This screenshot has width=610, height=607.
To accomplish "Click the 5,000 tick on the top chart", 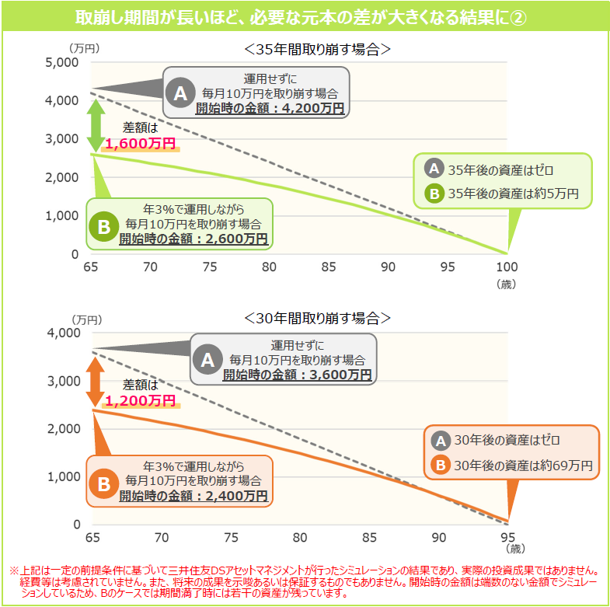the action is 62,62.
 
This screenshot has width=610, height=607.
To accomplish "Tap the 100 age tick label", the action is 507,267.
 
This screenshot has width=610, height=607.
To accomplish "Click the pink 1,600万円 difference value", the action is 141,144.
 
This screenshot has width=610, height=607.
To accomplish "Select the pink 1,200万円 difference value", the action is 141,400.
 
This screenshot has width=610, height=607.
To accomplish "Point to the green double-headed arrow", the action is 96,126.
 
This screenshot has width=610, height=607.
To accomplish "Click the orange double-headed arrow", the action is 96,382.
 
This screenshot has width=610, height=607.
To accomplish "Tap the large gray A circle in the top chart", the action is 180,93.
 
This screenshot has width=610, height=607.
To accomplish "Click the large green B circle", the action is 103,226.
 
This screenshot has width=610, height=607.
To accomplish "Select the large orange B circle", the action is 103,484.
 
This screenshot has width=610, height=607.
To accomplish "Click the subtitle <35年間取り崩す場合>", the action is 317,50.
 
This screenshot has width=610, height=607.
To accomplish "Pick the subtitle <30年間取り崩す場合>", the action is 317,319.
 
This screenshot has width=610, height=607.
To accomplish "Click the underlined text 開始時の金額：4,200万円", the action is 270,108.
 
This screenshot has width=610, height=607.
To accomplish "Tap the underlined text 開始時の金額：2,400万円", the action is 193,496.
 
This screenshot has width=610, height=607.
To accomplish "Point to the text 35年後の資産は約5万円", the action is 513,194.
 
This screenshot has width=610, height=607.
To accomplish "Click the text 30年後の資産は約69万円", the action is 523,466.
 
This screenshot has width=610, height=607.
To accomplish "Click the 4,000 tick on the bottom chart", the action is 64,333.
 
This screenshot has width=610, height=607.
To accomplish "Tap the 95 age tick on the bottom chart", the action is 507,537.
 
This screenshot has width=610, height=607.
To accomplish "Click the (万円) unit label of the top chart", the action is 84,48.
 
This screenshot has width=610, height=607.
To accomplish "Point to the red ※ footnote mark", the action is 14,570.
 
